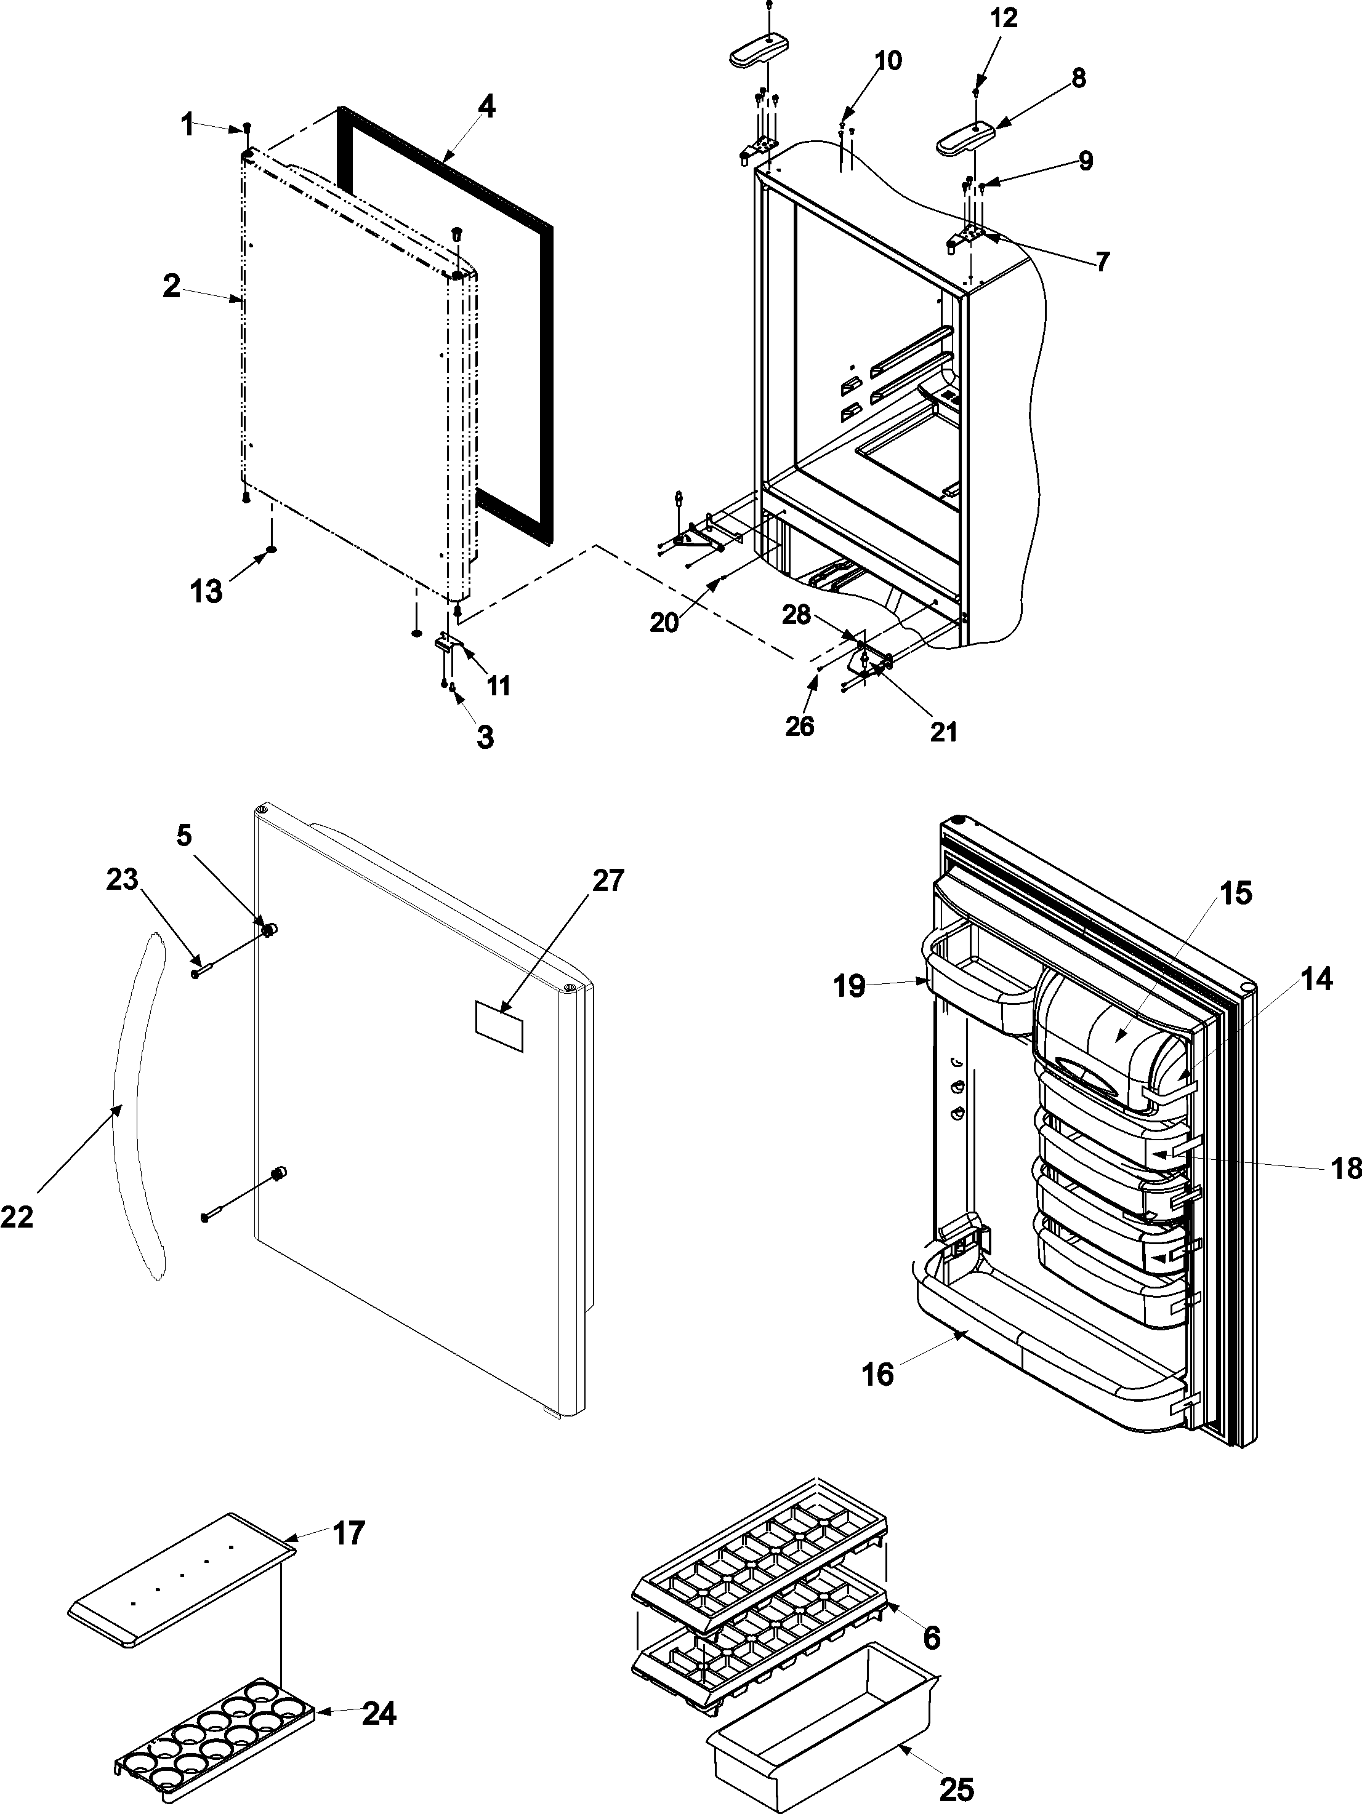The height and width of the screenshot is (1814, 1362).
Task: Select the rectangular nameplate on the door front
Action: (x=499, y=1025)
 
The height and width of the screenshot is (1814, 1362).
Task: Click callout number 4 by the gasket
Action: (x=486, y=108)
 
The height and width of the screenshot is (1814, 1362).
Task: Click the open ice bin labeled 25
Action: (x=821, y=1738)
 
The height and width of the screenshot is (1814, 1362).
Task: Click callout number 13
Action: (x=207, y=591)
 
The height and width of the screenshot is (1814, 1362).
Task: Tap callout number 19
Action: (x=850, y=986)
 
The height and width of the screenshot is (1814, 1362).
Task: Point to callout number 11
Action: (x=498, y=685)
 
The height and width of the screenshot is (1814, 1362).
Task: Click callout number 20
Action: (x=664, y=623)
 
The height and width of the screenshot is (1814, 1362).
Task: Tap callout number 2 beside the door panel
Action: (x=171, y=287)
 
